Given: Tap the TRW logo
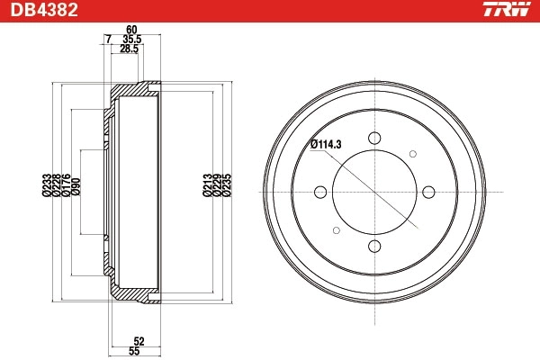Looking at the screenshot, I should point(504,11).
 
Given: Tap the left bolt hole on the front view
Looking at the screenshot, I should point(320,191).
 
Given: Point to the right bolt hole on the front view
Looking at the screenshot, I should point(428,191).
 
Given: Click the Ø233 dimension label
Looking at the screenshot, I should point(46,184).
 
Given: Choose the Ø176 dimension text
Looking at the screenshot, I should point(66,184).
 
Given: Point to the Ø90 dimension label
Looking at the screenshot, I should point(76,185).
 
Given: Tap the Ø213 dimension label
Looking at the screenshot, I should point(206,184).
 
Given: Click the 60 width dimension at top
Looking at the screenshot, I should point(133,30).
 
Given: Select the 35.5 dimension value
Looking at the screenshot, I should point(133,40).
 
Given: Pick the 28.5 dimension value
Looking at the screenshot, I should point(130,49).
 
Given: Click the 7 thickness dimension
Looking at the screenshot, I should point(108,40).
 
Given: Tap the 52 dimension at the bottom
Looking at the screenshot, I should point(138,340).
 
